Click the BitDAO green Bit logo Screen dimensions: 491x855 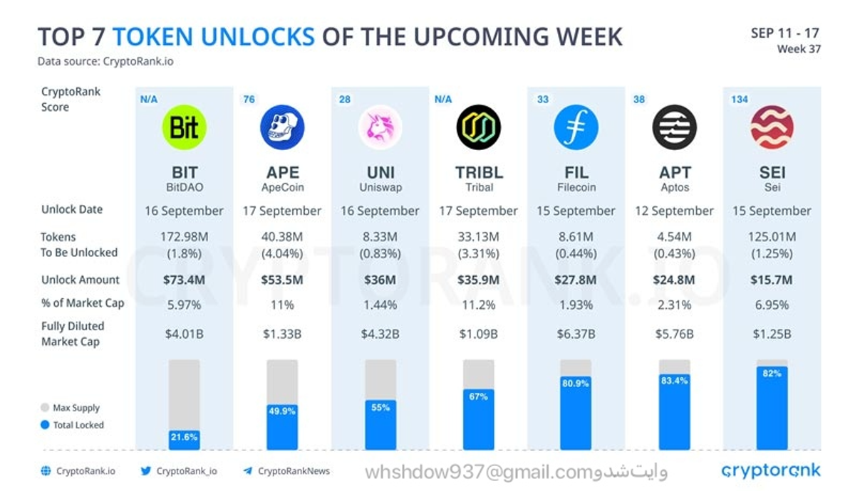click(185, 127)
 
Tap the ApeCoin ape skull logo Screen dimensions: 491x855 click(282, 127)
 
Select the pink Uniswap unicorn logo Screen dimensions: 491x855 click(380, 127)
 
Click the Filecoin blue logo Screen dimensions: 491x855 click(576, 127)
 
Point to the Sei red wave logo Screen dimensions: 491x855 click(772, 127)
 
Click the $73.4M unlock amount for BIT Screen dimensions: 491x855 click(185, 280)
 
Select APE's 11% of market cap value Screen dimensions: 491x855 click(282, 305)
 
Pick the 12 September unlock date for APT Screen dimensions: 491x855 click(673, 211)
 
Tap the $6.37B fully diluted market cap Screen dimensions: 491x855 click(576, 334)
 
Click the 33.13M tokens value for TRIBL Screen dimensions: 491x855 click(478, 237)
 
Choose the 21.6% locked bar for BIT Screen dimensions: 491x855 click(185, 436)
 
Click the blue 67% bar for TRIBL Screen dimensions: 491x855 click(478, 420)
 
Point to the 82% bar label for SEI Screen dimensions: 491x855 click(772, 374)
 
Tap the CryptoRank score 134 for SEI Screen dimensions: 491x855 click(739, 100)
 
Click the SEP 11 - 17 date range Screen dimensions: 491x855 click(784, 33)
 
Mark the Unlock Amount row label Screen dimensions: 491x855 click(81, 280)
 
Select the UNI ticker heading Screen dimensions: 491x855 click(380, 173)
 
